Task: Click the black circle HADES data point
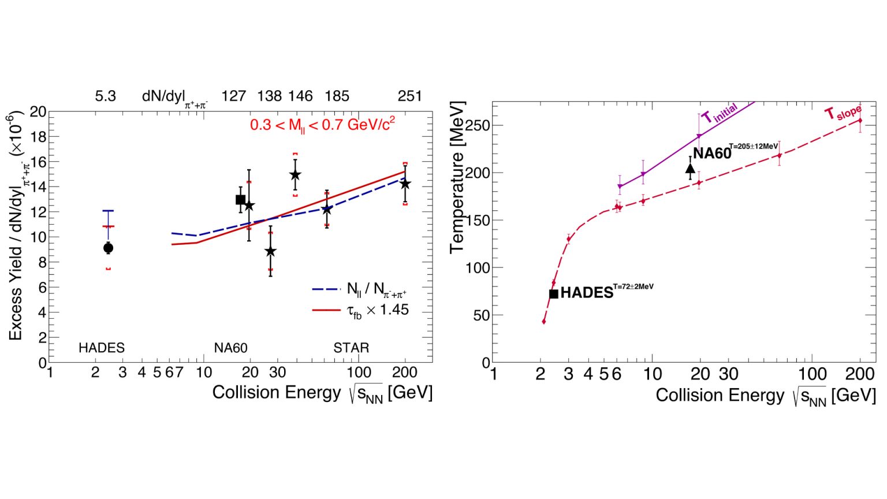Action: coord(108,248)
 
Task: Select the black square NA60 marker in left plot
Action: coord(241,200)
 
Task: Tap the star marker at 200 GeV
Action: coord(405,184)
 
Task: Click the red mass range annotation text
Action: coord(322,124)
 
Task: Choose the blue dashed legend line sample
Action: coord(327,289)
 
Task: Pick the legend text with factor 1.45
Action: coord(378,310)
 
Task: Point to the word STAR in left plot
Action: coord(351,348)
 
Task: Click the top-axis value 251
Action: coord(409,96)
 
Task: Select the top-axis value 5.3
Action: coord(105,96)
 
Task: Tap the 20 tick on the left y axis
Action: coord(39,111)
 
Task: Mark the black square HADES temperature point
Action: coord(553,294)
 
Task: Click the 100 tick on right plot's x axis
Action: coord(813,374)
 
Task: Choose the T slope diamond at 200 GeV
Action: coord(860,120)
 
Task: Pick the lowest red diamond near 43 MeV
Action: coord(544,322)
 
